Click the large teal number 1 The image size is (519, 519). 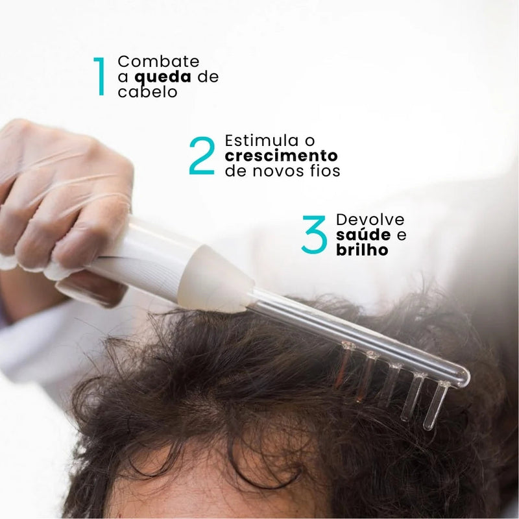[99, 77]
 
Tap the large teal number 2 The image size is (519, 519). [202, 156]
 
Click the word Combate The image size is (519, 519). [158, 62]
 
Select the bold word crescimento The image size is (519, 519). [281, 156]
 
